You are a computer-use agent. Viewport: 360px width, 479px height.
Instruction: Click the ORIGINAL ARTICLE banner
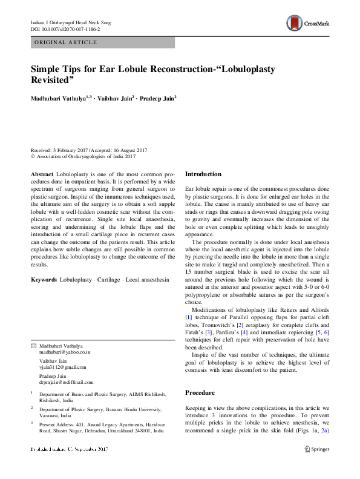65,42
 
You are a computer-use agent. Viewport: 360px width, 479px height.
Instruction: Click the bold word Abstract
42,174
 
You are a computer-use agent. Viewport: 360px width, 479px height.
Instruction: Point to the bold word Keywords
44,280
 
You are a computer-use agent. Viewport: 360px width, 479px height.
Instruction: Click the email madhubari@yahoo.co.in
65,351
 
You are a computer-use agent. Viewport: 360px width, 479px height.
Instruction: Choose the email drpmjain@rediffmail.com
67,383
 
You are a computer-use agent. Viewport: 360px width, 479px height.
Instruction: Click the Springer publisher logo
316,449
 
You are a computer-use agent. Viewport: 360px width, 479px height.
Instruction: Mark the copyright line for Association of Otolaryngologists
83,156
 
